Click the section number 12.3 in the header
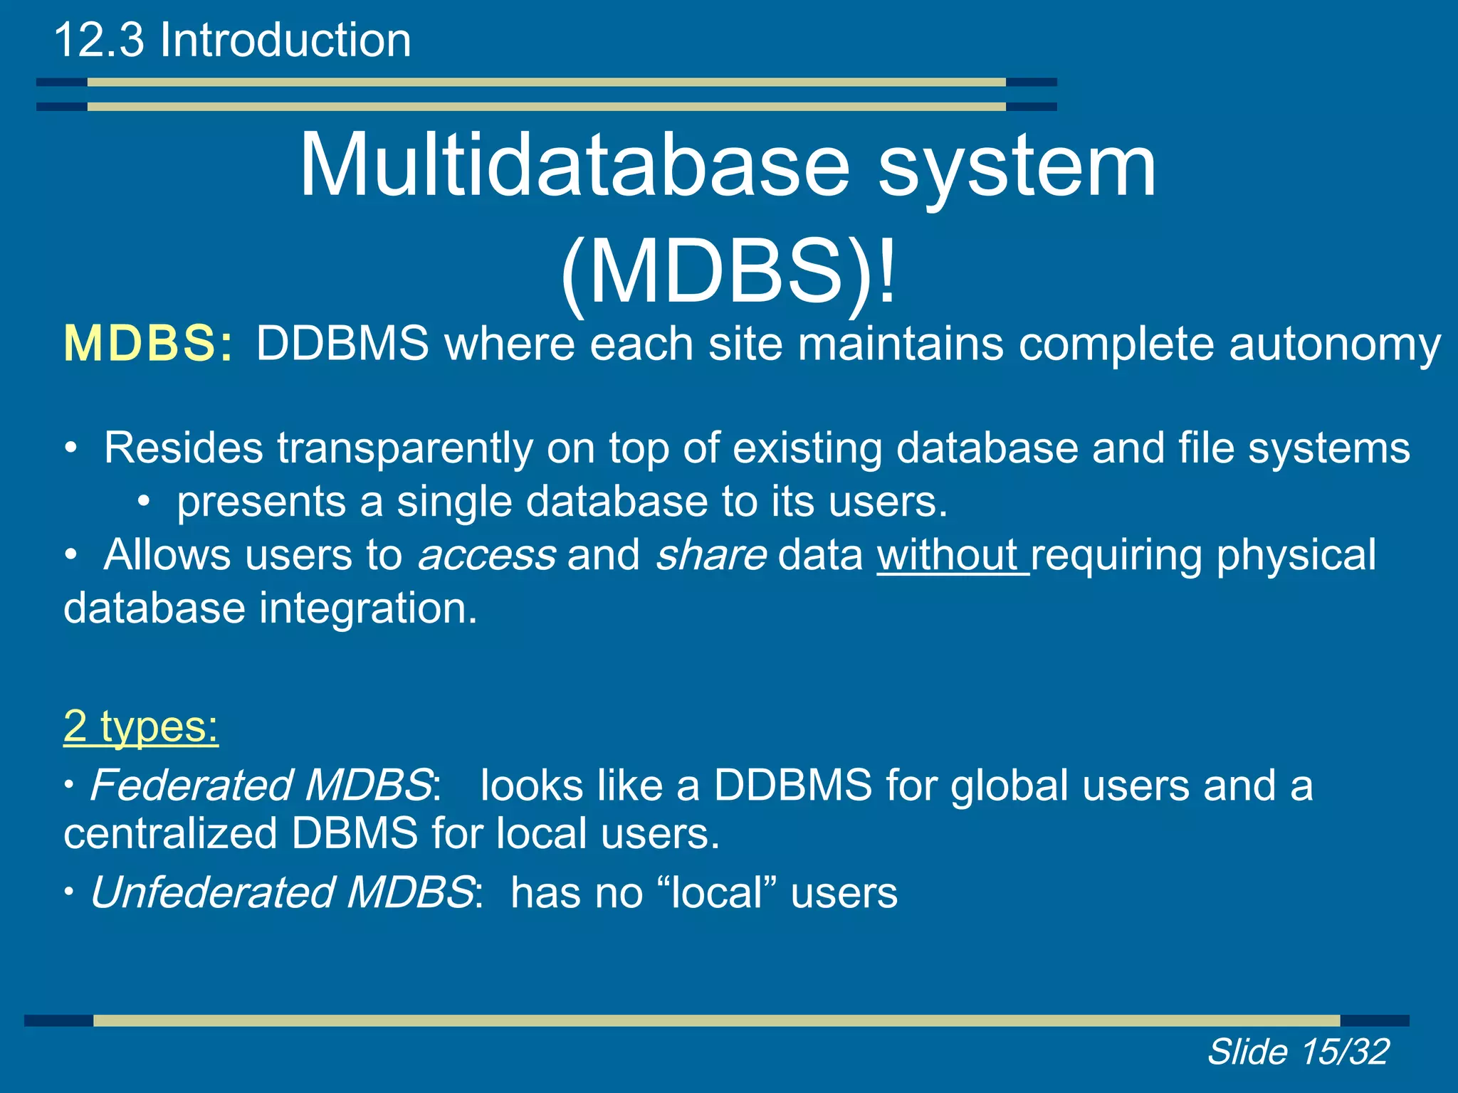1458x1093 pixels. point(99,40)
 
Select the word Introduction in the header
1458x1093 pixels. point(285,40)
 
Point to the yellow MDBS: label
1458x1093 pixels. point(148,344)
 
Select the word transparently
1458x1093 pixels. point(404,448)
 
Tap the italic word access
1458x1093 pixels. point(487,555)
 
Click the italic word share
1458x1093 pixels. point(710,555)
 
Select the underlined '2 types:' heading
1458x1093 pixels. point(141,727)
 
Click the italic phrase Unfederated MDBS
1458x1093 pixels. point(282,892)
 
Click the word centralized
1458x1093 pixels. point(170,833)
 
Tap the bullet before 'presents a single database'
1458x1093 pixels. point(144,502)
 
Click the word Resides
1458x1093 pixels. point(184,448)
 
